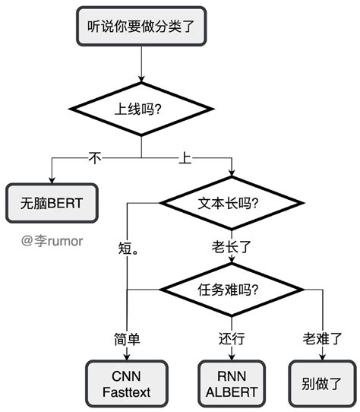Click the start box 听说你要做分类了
tap(141, 26)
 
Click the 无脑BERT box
tap(52, 203)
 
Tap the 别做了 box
tap(322, 382)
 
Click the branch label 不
tap(95, 158)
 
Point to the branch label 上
tap(185, 158)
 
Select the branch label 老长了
tap(232, 247)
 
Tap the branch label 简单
tap(126, 338)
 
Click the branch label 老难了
tap(322, 338)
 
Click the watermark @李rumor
tap(52, 241)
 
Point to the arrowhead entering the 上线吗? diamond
tap(141, 78)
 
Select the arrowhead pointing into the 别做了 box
tap(322, 357)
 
